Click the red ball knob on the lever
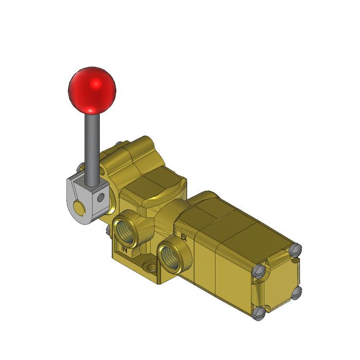point(92,89)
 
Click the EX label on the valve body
point(183,238)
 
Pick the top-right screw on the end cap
point(296,249)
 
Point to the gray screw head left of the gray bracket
point(81,167)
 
